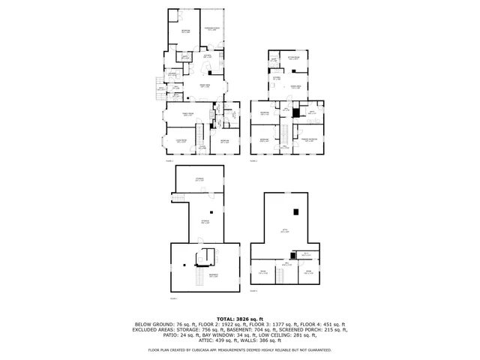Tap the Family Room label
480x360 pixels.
(x=187, y=114)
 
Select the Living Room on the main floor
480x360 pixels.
(x=181, y=140)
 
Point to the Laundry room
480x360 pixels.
(x=172, y=73)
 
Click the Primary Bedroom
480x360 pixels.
(x=307, y=140)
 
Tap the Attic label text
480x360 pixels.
(x=284, y=231)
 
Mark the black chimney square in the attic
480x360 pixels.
(x=298, y=211)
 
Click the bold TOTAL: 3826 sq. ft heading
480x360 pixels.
(x=240, y=319)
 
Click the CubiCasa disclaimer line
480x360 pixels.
(x=240, y=350)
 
